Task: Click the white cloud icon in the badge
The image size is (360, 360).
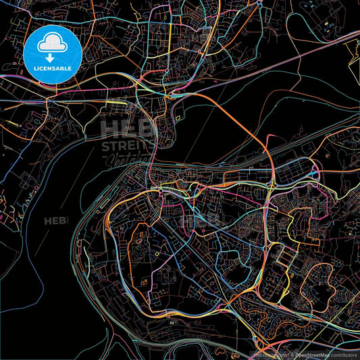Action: click(52, 45)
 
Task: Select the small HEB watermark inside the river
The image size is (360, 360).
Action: click(53, 220)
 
